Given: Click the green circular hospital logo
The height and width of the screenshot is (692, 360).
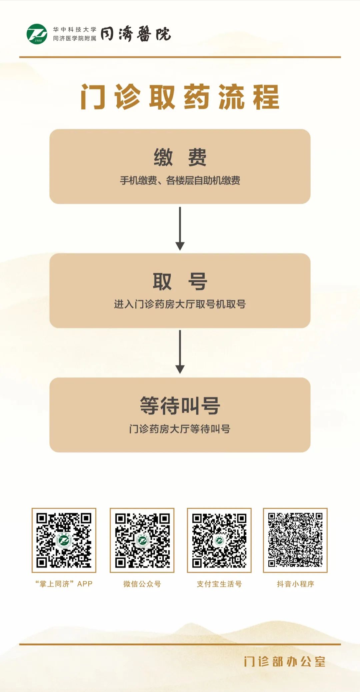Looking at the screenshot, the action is pos(37,34).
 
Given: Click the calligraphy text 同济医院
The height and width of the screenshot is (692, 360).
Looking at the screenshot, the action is pos(136,34).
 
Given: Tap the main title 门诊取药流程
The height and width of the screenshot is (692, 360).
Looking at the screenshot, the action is pos(180,97).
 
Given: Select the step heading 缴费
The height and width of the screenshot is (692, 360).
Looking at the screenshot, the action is pos(180,157).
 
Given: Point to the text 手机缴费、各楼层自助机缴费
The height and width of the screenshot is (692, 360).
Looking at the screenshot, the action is pos(180,181).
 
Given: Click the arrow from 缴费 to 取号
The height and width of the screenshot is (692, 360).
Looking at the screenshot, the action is pos(180,229).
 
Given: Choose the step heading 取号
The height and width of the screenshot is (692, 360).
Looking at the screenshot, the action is pos(180,281).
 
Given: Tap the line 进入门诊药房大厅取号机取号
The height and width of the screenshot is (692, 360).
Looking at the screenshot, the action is pos(180,304).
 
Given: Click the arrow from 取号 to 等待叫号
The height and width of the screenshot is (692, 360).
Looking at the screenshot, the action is pos(180,352).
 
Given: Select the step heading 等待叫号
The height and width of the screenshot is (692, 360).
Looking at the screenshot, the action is pos(180,406).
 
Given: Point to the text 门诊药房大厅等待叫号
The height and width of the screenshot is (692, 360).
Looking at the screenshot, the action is pos(180,429).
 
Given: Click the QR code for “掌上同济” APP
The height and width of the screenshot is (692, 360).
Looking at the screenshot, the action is pos(64,540).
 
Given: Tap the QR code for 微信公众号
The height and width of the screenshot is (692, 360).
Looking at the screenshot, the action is pos(142,540).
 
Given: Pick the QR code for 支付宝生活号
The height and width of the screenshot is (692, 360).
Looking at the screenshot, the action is pos(219,540).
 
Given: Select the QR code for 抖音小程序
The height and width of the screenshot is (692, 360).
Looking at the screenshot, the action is pos(295,540).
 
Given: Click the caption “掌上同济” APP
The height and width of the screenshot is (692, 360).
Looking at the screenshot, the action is pos(64,584).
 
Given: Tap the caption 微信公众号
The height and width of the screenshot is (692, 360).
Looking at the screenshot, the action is pos(142,584).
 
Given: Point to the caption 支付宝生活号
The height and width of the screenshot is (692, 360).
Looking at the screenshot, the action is pos(219,584).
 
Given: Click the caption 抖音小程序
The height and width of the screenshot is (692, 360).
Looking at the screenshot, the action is pos(295,584).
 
